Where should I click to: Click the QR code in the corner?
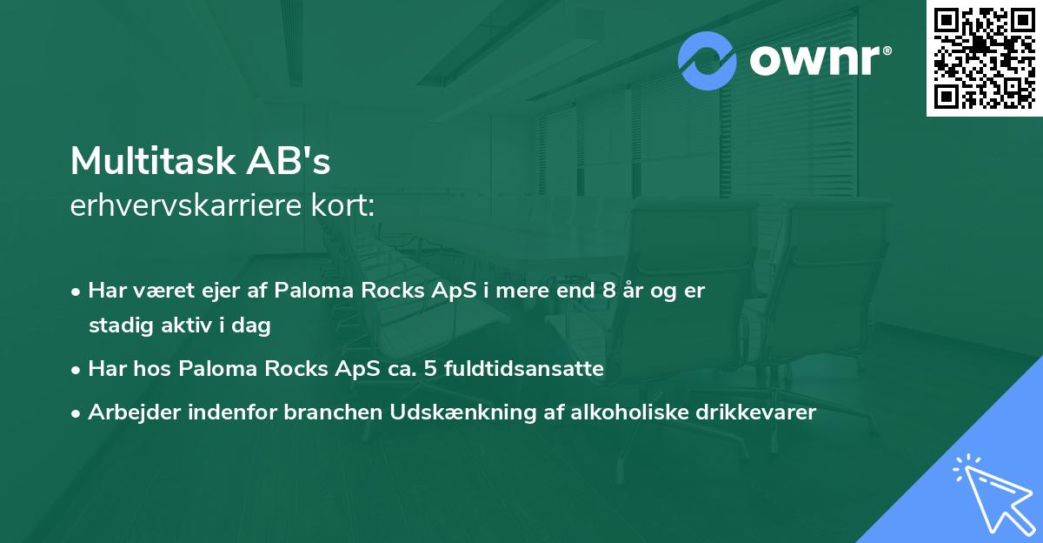tap(985, 57)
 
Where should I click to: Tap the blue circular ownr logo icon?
tap(708, 61)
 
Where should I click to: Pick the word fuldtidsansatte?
tap(524, 369)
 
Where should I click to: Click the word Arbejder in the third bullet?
tap(127, 412)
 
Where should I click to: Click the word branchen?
tap(331, 412)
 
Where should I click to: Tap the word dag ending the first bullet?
tap(254, 325)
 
